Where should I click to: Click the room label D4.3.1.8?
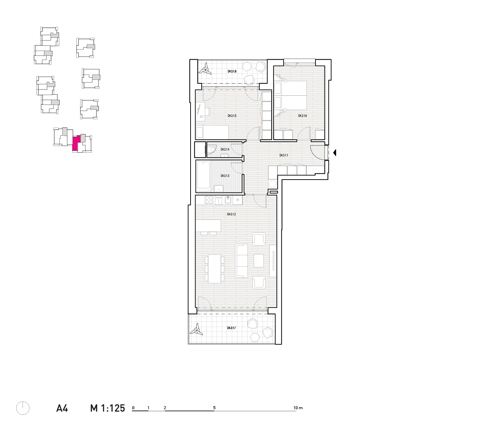pyautogui.click(x=232, y=71)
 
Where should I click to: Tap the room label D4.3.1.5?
pyautogui.click(x=232, y=116)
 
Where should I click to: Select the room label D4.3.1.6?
pyautogui.click(x=302, y=116)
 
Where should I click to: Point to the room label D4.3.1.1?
pyautogui.click(x=284, y=156)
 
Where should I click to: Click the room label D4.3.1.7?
pyautogui.click(x=232, y=328)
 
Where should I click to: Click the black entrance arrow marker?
pyautogui.click(x=335, y=153)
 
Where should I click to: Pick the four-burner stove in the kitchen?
pyautogui.click(x=209, y=200)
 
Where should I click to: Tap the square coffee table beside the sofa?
pyautogui.click(x=259, y=261)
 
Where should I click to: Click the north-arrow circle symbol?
pyautogui.click(x=23, y=408)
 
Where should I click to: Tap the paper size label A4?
pyautogui.click(x=62, y=408)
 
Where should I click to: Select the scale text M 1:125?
pyautogui.click(x=107, y=408)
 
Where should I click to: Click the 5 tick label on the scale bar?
pyautogui.click(x=214, y=408)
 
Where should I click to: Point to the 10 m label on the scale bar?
pyautogui.click(x=298, y=408)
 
